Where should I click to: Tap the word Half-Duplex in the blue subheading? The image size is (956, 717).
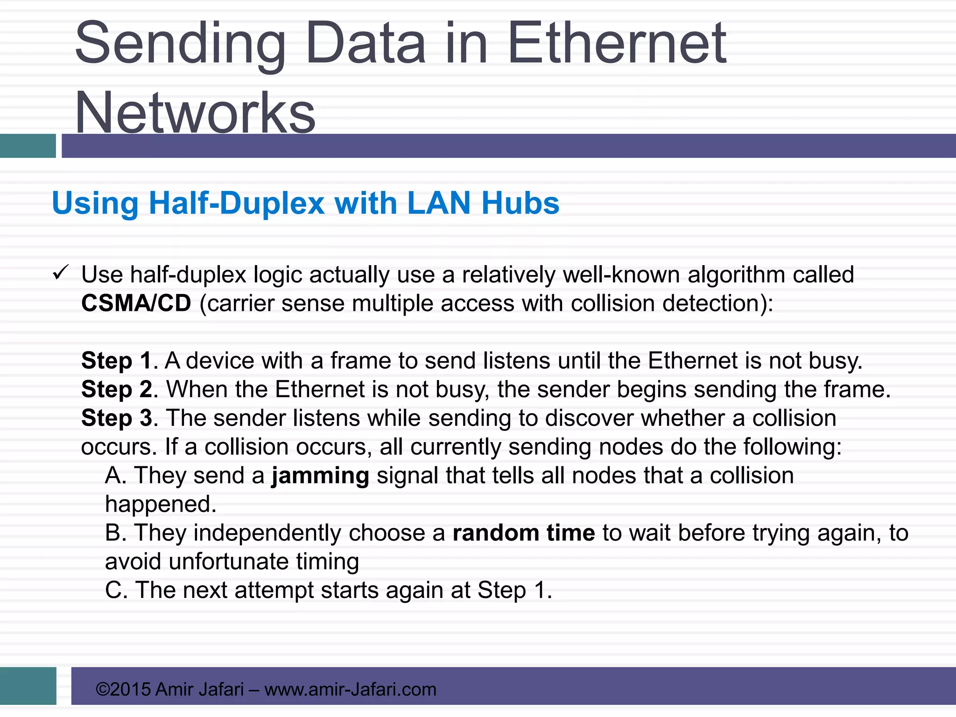(236, 204)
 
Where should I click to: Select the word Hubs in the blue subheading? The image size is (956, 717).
(520, 204)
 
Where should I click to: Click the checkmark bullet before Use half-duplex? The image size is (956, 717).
(61, 273)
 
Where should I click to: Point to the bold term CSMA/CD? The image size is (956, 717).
(136, 303)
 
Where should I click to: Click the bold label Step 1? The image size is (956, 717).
(116, 361)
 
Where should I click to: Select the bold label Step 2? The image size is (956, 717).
(116, 389)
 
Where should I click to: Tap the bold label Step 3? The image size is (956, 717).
(116, 418)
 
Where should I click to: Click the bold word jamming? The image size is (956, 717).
(320, 476)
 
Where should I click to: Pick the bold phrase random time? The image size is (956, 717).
(524, 533)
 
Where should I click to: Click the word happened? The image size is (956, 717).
(161, 505)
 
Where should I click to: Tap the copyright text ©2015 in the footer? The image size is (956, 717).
(123, 689)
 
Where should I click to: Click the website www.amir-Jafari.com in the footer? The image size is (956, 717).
(350, 689)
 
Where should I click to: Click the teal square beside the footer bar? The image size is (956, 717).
(28, 686)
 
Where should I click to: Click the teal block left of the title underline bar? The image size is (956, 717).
(28, 146)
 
